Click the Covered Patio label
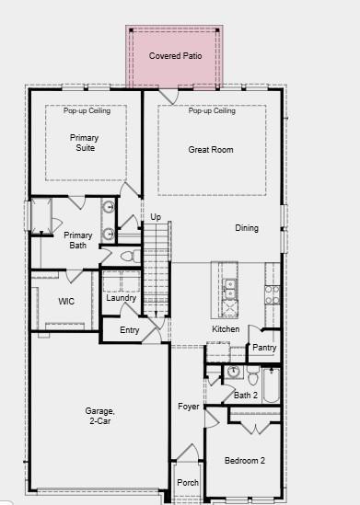click(x=175, y=56)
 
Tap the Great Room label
click(x=211, y=149)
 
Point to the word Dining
click(x=247, y=228)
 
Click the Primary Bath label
click(x=78, y=240)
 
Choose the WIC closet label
click(x=66, y=301)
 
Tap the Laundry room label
click(x=121, y=298)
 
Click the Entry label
click(x=130, y=330)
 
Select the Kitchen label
click(x=226, y=329)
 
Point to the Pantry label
click(x=264, y=348)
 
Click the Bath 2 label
click(x=246, y=396)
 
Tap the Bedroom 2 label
click(x=246, y=460)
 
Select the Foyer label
click(x=188, y=407)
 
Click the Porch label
click(x=188, y=482)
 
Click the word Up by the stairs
click(x=156, y=217)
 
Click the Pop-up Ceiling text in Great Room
click(x=212, y=111)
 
